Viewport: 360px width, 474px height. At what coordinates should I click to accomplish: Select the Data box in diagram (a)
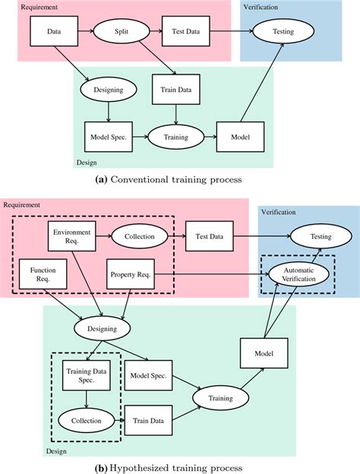coord(54,33)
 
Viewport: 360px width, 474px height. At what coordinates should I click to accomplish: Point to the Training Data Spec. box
coord(85,374)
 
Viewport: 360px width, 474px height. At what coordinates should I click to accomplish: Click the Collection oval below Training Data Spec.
coord(85,418)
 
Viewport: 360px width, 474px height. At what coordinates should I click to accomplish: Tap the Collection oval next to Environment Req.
coord(140,236)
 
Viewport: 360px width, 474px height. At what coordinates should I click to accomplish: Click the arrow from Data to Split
coord(87,33)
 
